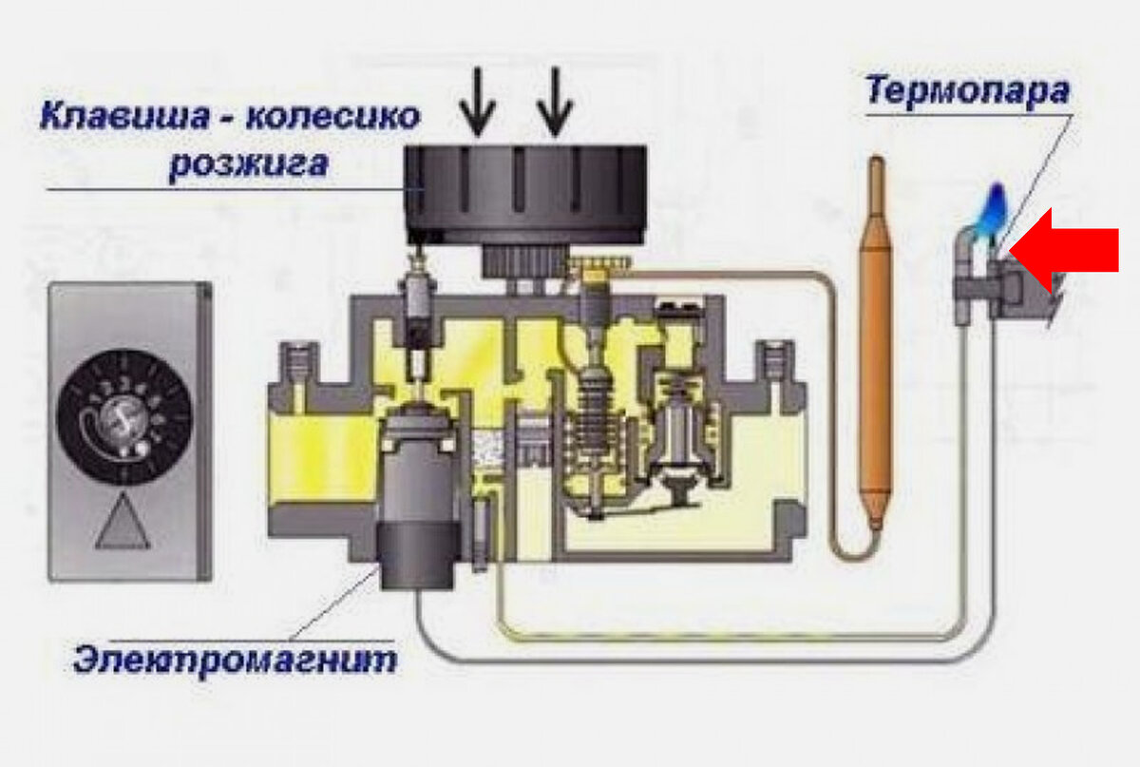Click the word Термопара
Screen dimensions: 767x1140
(x=968, y=90)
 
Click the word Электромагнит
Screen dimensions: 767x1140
(x=235, y=658)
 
